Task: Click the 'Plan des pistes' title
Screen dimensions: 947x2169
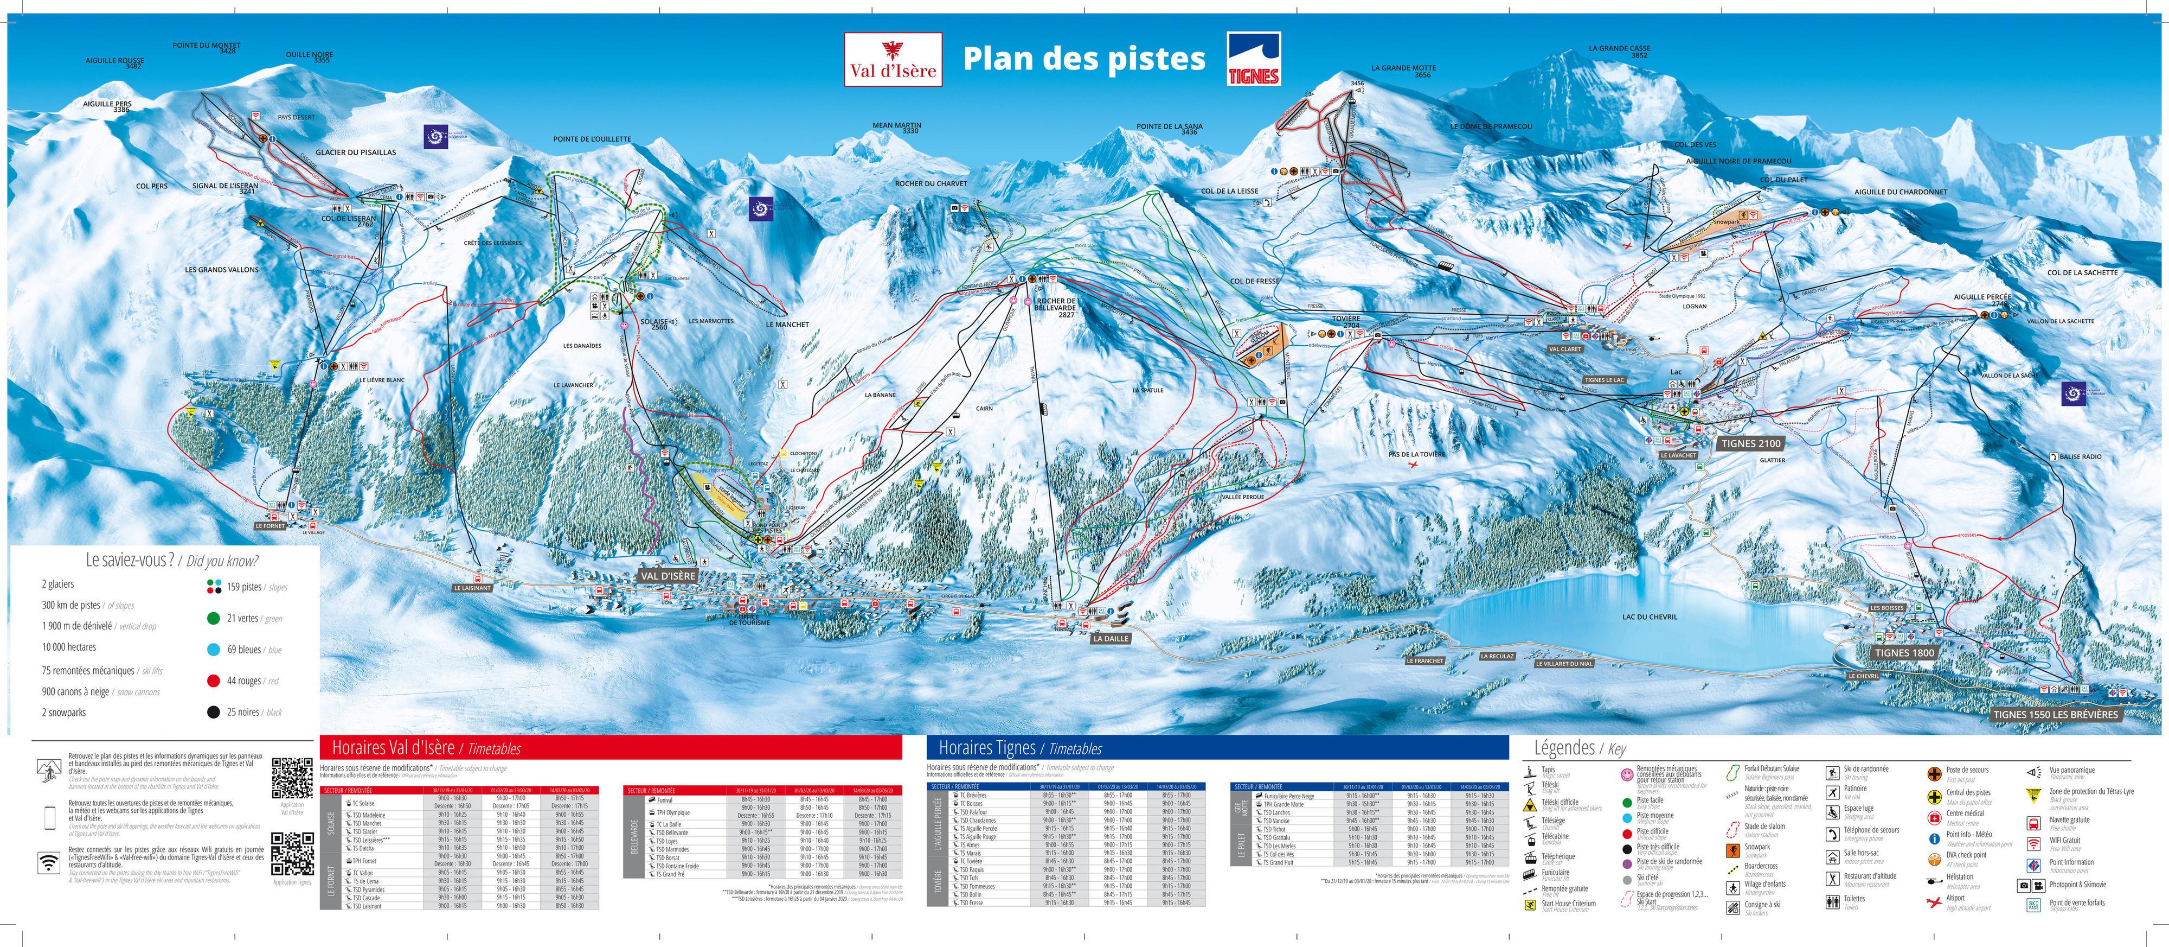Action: pyautogui.click(x=1083, y=59)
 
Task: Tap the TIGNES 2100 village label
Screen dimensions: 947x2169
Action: pyautogui.click(x=1750, y=443)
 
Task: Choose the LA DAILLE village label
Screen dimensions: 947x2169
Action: pyautogui.click(x=1111, y=639)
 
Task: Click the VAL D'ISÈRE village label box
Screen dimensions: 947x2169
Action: pyautogui.click(x=668, y=576)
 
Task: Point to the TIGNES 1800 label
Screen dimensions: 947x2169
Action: pyautogui.click(x=1904, y=653)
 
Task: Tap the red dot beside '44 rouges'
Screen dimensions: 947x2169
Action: pyautogui.click(x=213, y=681)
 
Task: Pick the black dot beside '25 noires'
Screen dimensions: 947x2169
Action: pyautogui.click(x=213, y=712)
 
